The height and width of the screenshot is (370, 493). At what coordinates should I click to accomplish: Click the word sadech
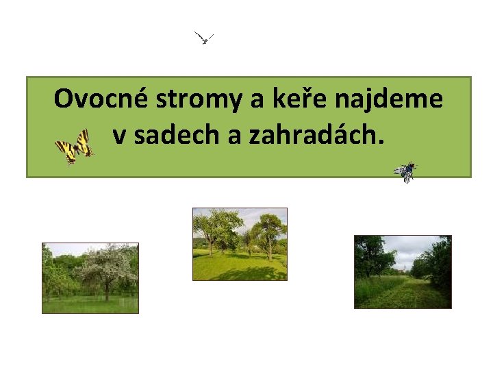[x=176, y=136]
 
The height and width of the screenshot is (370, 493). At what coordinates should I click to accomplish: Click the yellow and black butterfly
[x=73, y=146]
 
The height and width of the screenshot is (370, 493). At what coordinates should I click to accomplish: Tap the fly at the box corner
[x=405, y=172]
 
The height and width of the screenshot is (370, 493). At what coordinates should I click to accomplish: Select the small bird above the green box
[x=204, y=38]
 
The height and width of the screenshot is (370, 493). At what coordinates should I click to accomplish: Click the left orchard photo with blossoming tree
[x=90, y=277]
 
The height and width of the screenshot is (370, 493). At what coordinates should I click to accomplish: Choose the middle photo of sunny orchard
[x=240, y=244]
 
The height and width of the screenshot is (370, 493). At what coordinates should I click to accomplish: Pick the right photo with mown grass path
[x=403, y=272]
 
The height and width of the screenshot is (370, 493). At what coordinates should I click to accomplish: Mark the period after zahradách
[x=381, y=143]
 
